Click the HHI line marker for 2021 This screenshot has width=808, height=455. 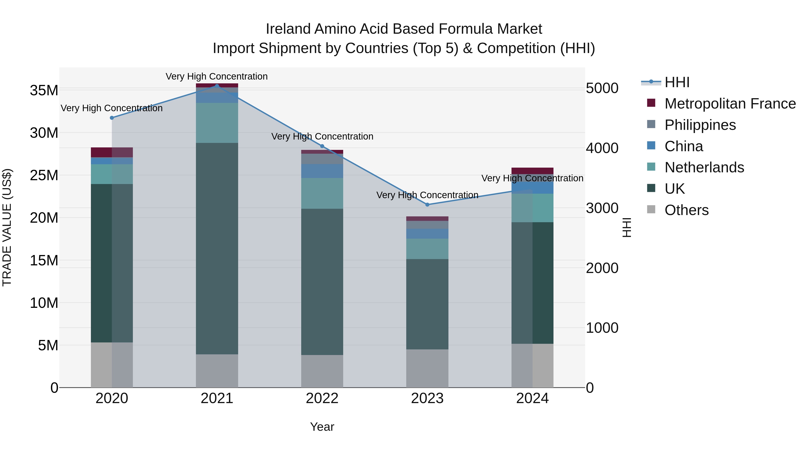click(217, 86)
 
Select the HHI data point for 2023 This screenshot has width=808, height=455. click(427, 204)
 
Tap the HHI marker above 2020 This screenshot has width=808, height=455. click(112, 118)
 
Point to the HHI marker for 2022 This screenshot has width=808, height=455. click(322, 146)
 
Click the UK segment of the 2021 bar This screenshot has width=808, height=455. click(217, 248)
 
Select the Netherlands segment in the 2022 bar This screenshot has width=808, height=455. click(322, 193)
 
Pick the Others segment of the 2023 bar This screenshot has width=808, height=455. click(427, 368)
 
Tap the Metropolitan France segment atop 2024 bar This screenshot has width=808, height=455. click(532, 171)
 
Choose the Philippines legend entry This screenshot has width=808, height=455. click(700, 125)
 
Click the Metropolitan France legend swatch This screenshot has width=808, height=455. click(651, 103)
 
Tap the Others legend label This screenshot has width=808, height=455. click(686, 210)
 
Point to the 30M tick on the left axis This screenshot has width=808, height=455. click(44, 133)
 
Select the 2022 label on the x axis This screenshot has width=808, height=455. click(322, 398)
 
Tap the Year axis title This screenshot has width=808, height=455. click(322, 427)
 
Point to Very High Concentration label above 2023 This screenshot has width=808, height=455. click(427, 195)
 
